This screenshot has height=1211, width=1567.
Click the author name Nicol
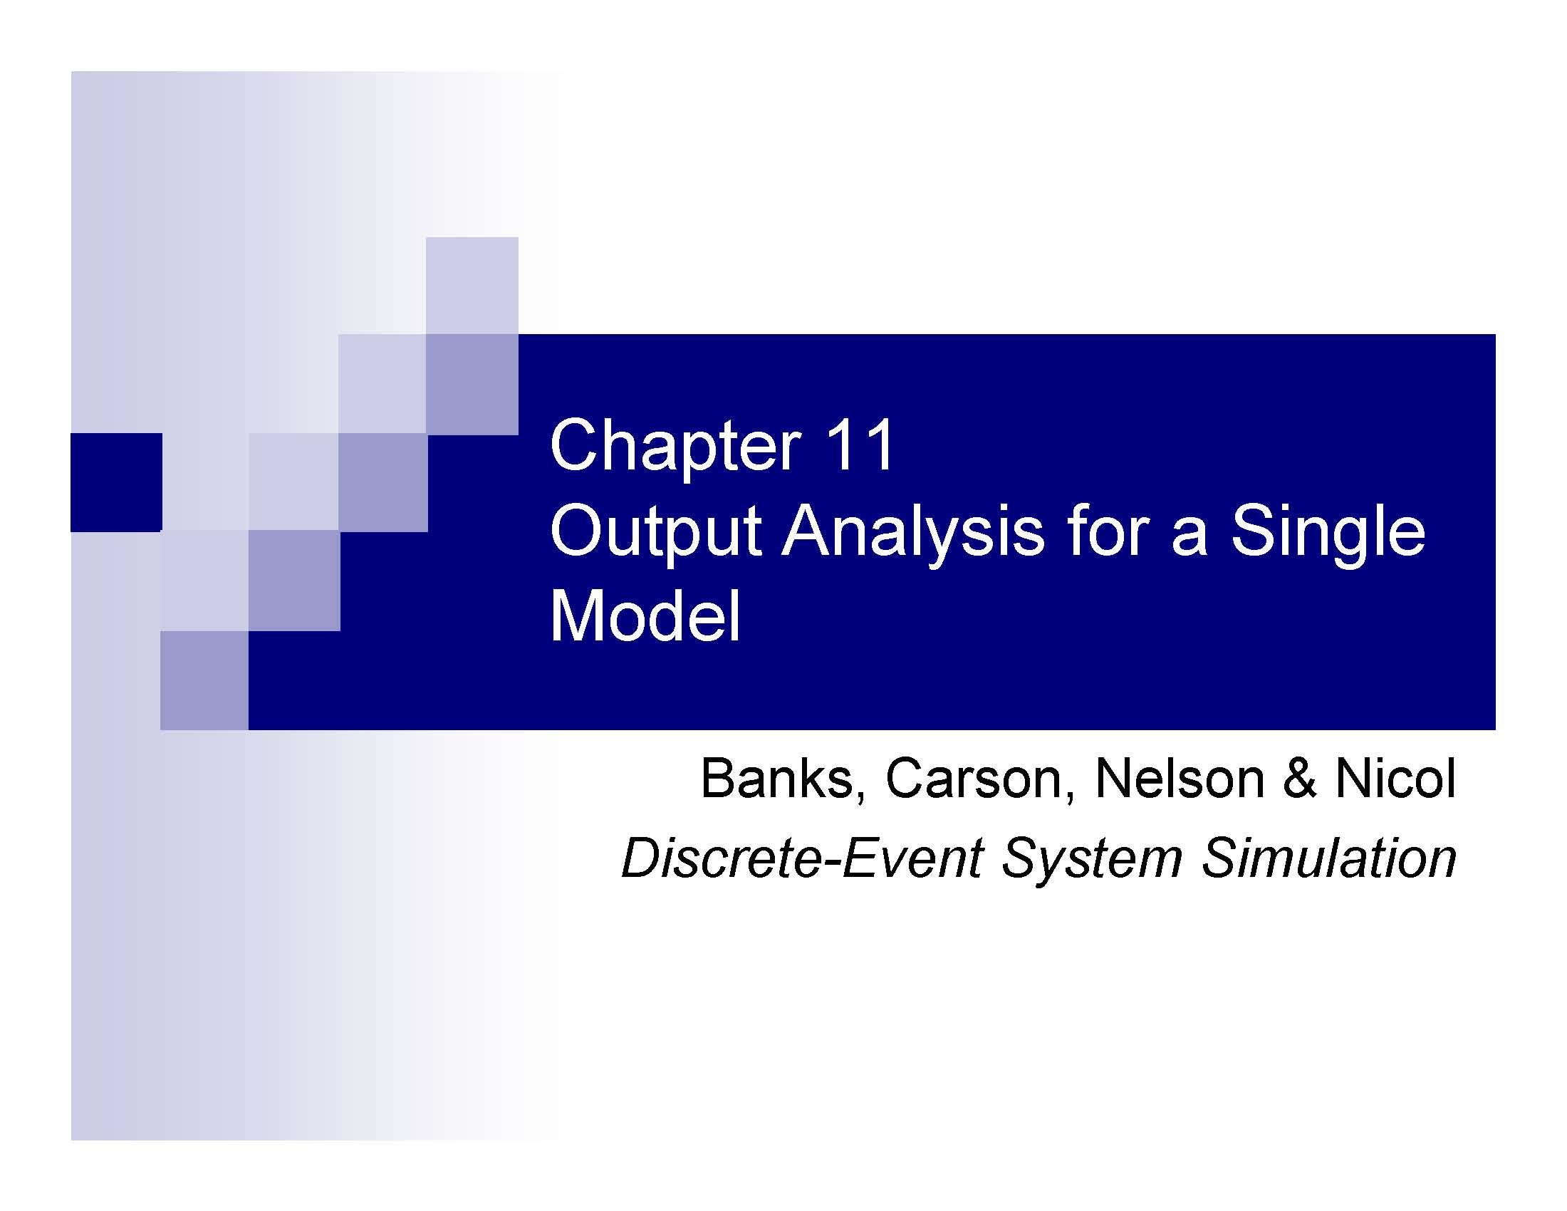pos(1395,779)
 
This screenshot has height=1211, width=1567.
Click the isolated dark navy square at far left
pos(116,482)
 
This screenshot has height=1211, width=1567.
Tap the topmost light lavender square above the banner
pos(472,285)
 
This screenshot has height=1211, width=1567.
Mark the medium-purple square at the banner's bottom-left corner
pos(204,680)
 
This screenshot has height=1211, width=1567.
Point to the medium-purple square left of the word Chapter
pos(472,385)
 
